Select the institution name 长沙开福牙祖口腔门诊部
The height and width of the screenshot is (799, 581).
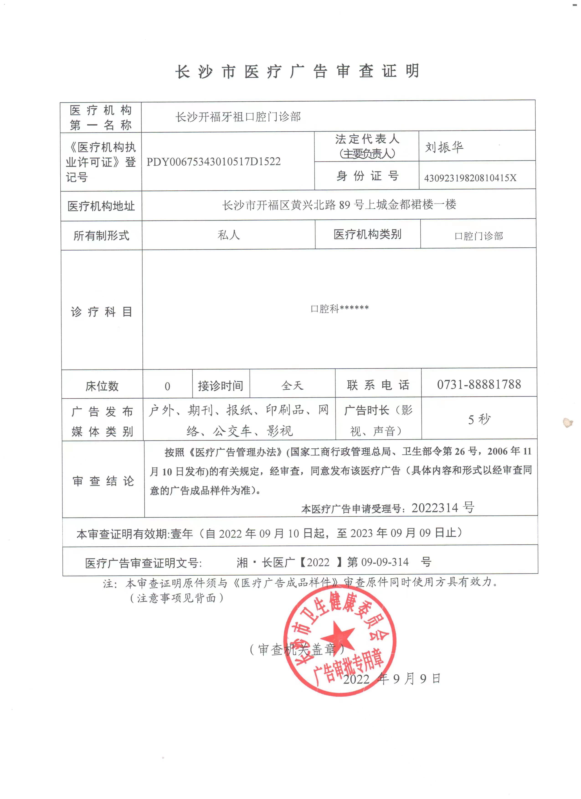pyautogui.click(x=238, y=117)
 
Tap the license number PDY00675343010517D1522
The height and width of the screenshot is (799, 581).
pyautogui.click(x=213, y=162)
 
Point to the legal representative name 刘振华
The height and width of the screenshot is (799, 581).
pyautogui.click(x=444, y=147)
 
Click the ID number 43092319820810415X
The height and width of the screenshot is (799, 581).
pyautogui.click(x=470, y=178)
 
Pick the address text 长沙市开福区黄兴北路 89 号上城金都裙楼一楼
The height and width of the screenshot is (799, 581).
pyautogui.click(x=339, y=205)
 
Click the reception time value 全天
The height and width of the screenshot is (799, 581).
pyautogui.click(x=292, y=385)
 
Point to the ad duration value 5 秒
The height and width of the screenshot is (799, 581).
pyautogui.click(x=479, y=419)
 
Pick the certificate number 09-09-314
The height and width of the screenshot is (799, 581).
pyautogui.click(x=385, y=562)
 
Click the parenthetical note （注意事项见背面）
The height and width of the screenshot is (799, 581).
pyautogui.click(x=177, y=598)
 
